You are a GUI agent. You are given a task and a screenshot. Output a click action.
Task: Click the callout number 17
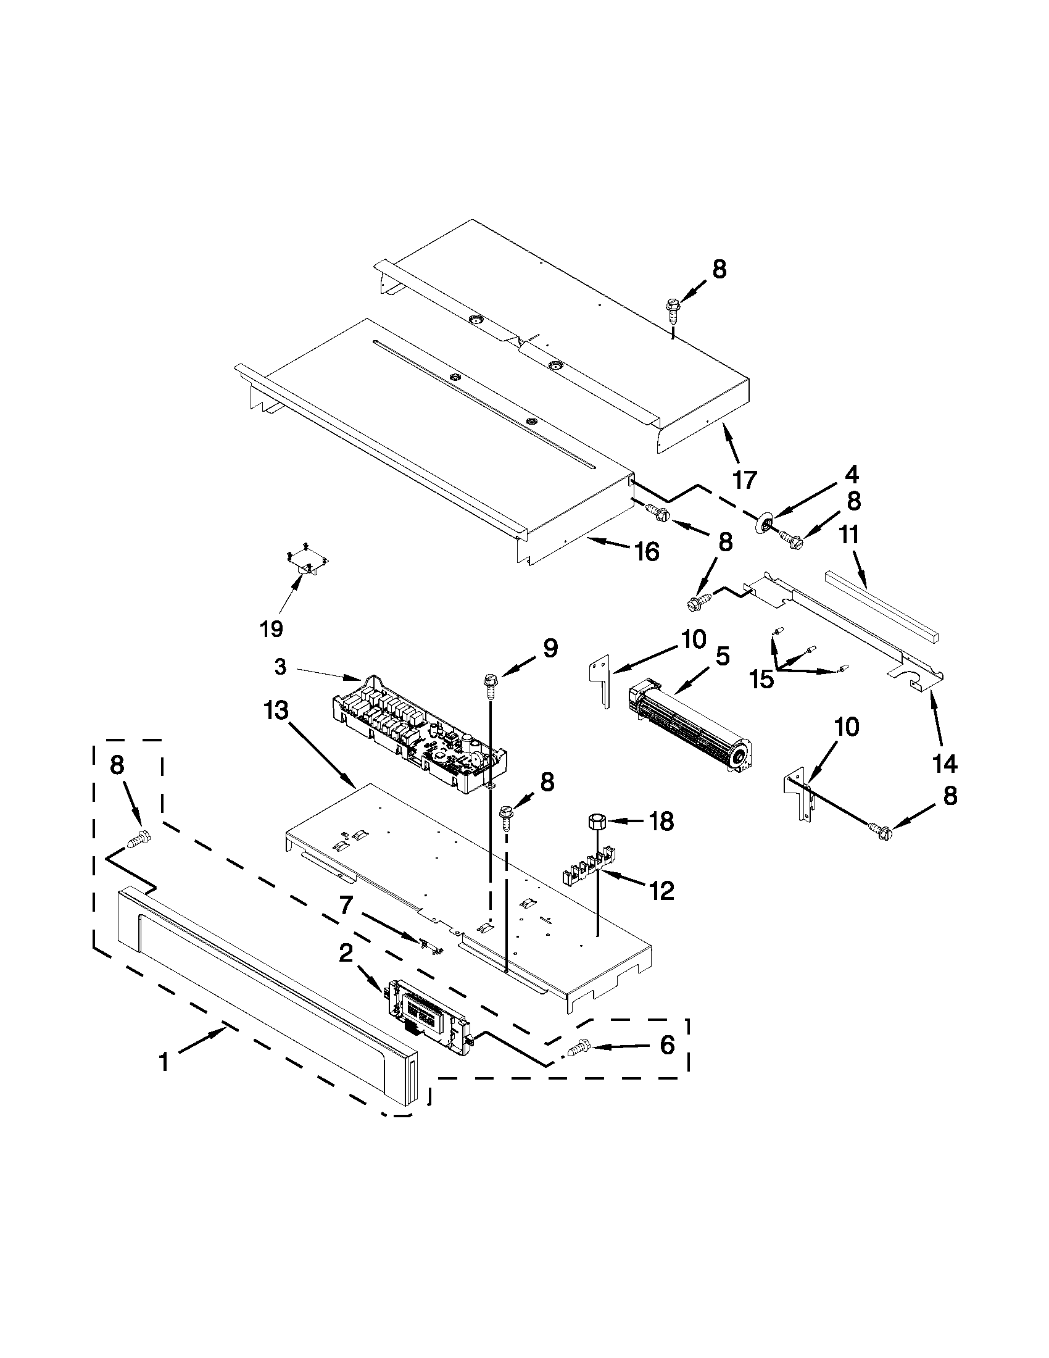(745, 480)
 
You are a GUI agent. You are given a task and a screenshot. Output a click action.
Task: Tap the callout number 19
(272, 628)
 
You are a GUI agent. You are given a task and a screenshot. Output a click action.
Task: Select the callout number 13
(276, 710)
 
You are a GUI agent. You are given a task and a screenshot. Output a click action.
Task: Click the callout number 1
(164, 1062)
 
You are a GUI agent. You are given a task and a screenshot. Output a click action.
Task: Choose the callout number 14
(944, 763)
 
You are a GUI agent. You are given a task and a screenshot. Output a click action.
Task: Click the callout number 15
(761, 680)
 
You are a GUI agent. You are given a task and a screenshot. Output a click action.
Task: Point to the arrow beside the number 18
(629, 822)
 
